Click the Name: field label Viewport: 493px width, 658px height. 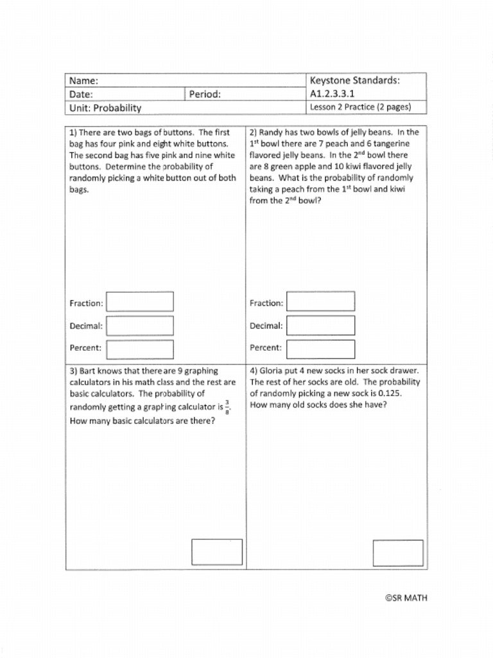pyautogui.click(x=83, y=81)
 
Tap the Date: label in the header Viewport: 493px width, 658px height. pyautogui.click(x=82, y=94)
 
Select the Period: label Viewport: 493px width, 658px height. pyautogui.click(x=205, y=94)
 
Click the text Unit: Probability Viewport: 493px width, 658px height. pyautogui.click(x=105, y=108)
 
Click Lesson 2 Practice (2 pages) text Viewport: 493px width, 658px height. pyautogui.click(x=360, y=107)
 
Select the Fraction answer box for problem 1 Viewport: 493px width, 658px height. pyautogui.click(x=140, y=302)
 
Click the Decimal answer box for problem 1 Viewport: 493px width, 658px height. pyautogui.click(x=140, y=326)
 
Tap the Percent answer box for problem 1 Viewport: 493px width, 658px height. pyautogui.click(x=140, y=349)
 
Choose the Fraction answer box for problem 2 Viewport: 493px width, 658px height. pyautogui.click(x=320, y=302)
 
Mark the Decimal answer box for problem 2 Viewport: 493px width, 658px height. pyautogui.click(x=320, y=326)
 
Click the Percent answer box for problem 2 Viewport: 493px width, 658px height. pyautogui.click(x=320, y=349)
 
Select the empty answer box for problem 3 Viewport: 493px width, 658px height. pyautogui.click(x=217, y=552)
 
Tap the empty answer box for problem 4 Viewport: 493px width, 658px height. pyautogui.click(x=398, y=553)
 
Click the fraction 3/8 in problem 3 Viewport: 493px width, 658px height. pyautogui.click(x=227, y=407)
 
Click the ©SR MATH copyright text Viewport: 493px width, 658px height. pyautogui.click(x=406, y=598)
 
